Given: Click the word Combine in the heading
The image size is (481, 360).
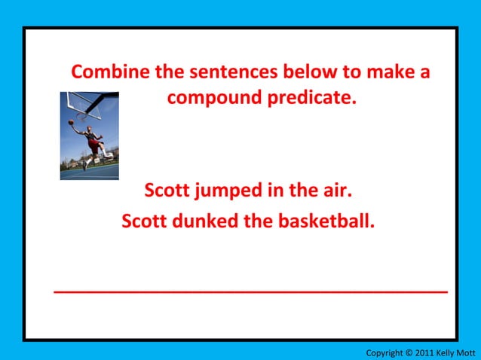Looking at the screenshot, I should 110,73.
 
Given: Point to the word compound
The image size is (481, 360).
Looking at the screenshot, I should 213,99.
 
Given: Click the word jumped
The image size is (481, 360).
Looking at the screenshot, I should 229,190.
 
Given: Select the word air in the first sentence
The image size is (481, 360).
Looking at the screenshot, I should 337,190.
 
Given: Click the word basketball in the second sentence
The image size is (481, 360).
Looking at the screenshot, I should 326,221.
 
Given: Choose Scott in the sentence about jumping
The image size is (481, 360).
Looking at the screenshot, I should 167,190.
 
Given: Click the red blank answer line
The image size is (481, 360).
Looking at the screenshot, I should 251,290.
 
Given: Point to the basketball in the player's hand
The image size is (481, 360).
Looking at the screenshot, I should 72,122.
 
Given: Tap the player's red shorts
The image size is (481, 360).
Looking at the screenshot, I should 93,145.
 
